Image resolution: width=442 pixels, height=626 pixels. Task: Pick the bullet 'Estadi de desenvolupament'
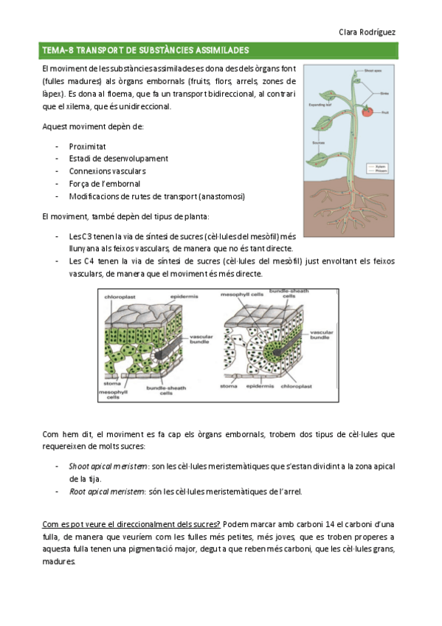[118, 159]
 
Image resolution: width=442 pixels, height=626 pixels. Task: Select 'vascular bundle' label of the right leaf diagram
[322, 337]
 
